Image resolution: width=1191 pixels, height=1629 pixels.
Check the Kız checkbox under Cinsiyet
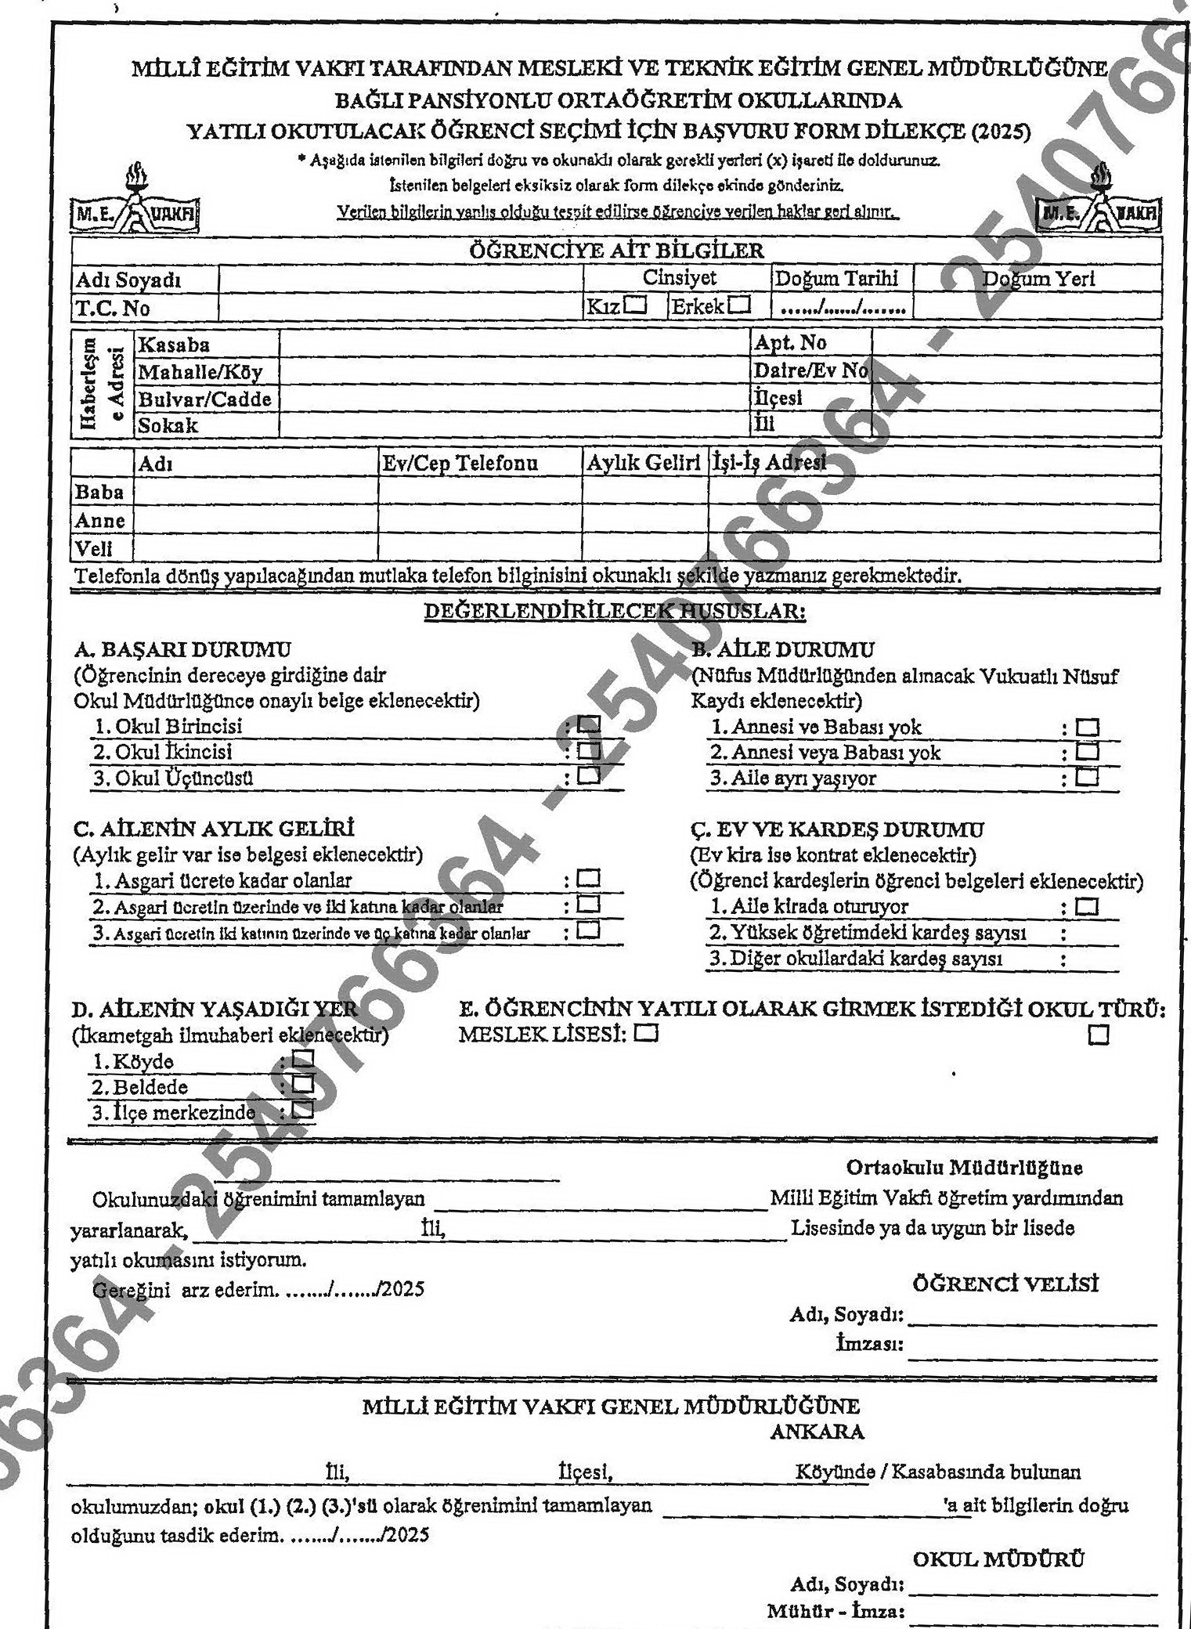[635, 305]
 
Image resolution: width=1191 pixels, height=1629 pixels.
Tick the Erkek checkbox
[738, 305]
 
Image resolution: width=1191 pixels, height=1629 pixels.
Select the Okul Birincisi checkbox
[589, 726]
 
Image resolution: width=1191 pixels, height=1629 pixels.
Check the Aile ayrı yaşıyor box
[1088, 778]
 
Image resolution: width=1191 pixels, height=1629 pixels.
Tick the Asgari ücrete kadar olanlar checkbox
[588, 879]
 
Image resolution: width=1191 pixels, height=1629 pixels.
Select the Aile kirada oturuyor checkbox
[1088, 907]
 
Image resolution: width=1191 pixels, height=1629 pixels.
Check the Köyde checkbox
[303, 1060]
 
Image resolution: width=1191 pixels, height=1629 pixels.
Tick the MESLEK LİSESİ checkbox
[646, 1034]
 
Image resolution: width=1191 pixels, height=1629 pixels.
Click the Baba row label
[99, 492]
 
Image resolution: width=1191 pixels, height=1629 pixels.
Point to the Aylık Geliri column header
[644, 463]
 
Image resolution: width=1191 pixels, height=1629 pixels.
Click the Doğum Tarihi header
[836, 279]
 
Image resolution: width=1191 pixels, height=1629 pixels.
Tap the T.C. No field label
[112, 308]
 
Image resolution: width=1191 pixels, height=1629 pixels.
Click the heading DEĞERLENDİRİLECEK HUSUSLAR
[615, 611]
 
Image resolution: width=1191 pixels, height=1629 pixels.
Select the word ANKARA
[817, 1432]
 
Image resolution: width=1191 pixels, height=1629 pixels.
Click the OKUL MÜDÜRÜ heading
[998, 1559]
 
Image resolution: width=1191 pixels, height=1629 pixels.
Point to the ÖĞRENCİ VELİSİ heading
[1005, 1284]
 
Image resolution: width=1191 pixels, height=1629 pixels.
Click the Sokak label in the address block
[168, 425]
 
